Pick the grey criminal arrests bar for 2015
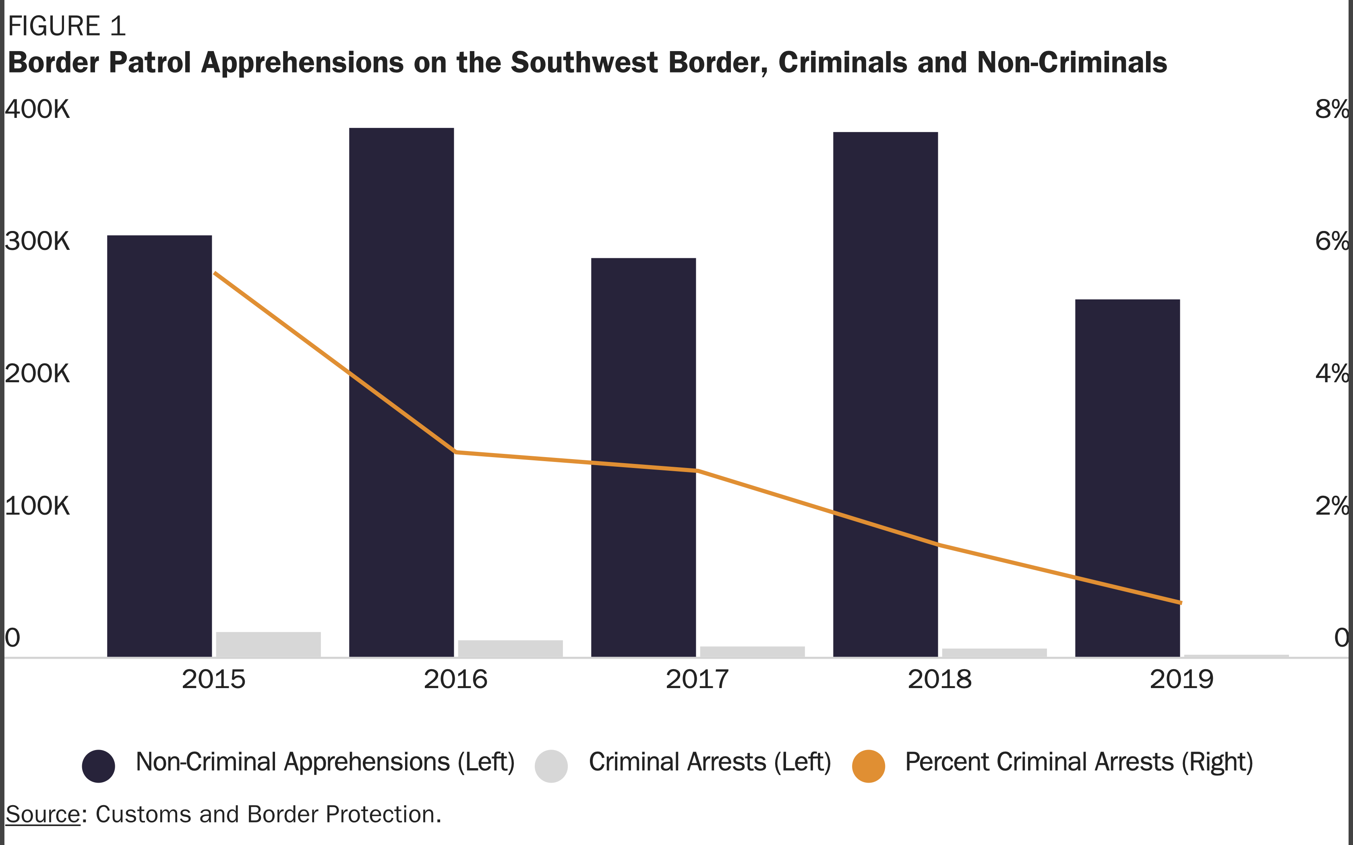point(268,644)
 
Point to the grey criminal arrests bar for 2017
point(752,651)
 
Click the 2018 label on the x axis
point(939,680)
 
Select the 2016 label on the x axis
point(456,680)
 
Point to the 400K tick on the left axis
point(37,109)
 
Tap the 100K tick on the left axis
point(37,506)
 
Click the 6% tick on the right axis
point(1332,241)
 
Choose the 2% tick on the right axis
point(1332,506)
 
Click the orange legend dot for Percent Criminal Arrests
point(868,766)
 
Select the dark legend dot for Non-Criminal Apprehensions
point(98,766)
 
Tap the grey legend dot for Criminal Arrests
point(551,766)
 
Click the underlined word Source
point(43,815)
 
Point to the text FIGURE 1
point(66,26)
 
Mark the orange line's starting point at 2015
point(215,273)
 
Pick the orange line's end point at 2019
point(1181,602)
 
